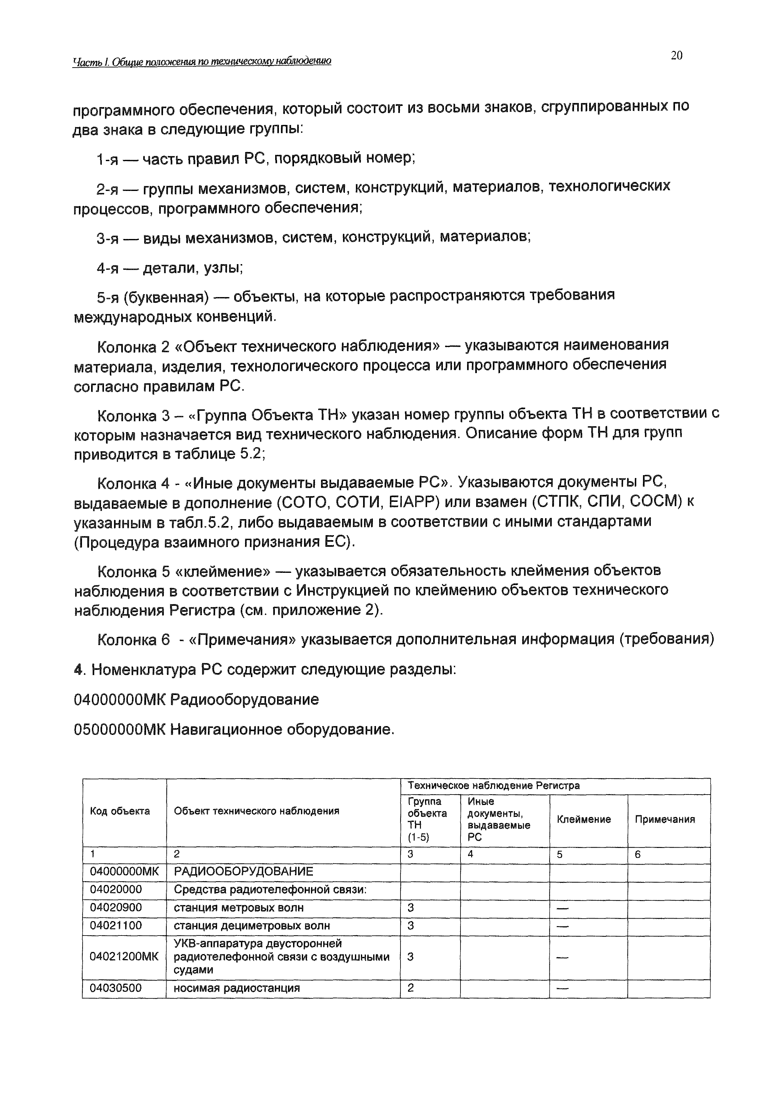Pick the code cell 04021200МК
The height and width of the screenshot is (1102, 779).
(124, 956)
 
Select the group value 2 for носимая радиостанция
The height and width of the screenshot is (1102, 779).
(410, 988)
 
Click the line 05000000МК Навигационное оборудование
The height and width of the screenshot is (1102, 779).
(234, 730)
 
